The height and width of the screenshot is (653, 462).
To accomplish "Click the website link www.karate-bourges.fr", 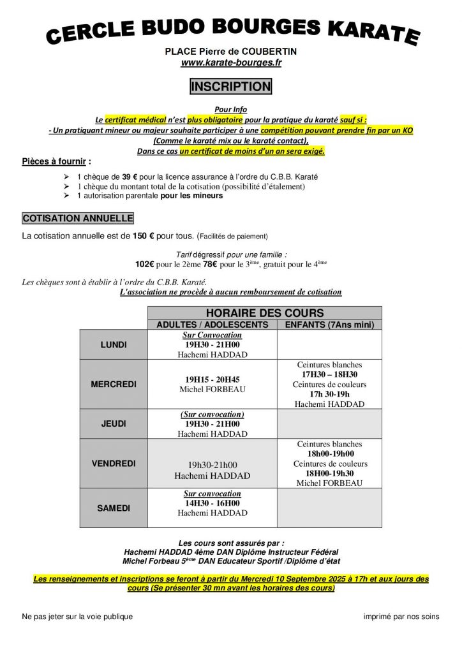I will tap(231, 62).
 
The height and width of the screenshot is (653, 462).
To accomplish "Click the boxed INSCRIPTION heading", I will tap(230, 86).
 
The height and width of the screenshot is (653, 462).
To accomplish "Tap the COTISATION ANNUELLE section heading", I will tap(78, 218).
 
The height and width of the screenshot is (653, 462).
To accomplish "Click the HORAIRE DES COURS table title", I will tap(265, 312).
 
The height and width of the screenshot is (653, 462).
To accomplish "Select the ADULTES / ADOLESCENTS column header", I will tap(212, 325).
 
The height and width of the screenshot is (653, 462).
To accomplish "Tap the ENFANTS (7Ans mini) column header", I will tap(329, 325).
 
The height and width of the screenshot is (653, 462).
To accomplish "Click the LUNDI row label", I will tap(114, 345).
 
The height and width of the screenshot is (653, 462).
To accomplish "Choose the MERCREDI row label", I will tap(114, 385).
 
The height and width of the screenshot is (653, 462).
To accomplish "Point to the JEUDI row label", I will tap(114, 423).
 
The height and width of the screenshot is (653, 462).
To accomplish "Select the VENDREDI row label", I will tap(114, 464).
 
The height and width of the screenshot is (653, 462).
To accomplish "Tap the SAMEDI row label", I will tap(114, 508).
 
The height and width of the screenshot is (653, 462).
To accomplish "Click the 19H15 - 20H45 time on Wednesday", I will tap(212, 379).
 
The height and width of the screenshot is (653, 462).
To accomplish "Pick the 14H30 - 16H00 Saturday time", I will tap(212, 503).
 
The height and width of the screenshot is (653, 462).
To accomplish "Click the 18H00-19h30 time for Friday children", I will tap(330, 473).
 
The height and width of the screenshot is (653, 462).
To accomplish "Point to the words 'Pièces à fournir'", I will tap(54, 161).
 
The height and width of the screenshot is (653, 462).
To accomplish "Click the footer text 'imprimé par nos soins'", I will tap(401, 617).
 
